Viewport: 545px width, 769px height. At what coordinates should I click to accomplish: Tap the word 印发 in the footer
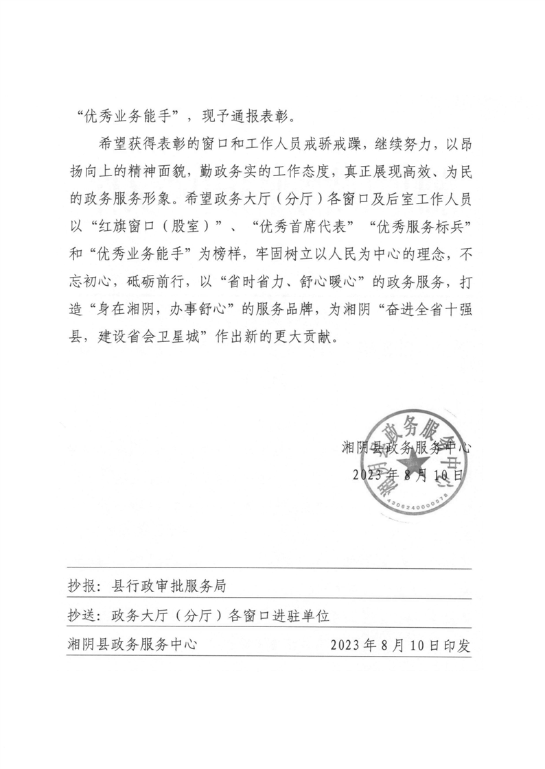pyautogui.click(x=457, y=645)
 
